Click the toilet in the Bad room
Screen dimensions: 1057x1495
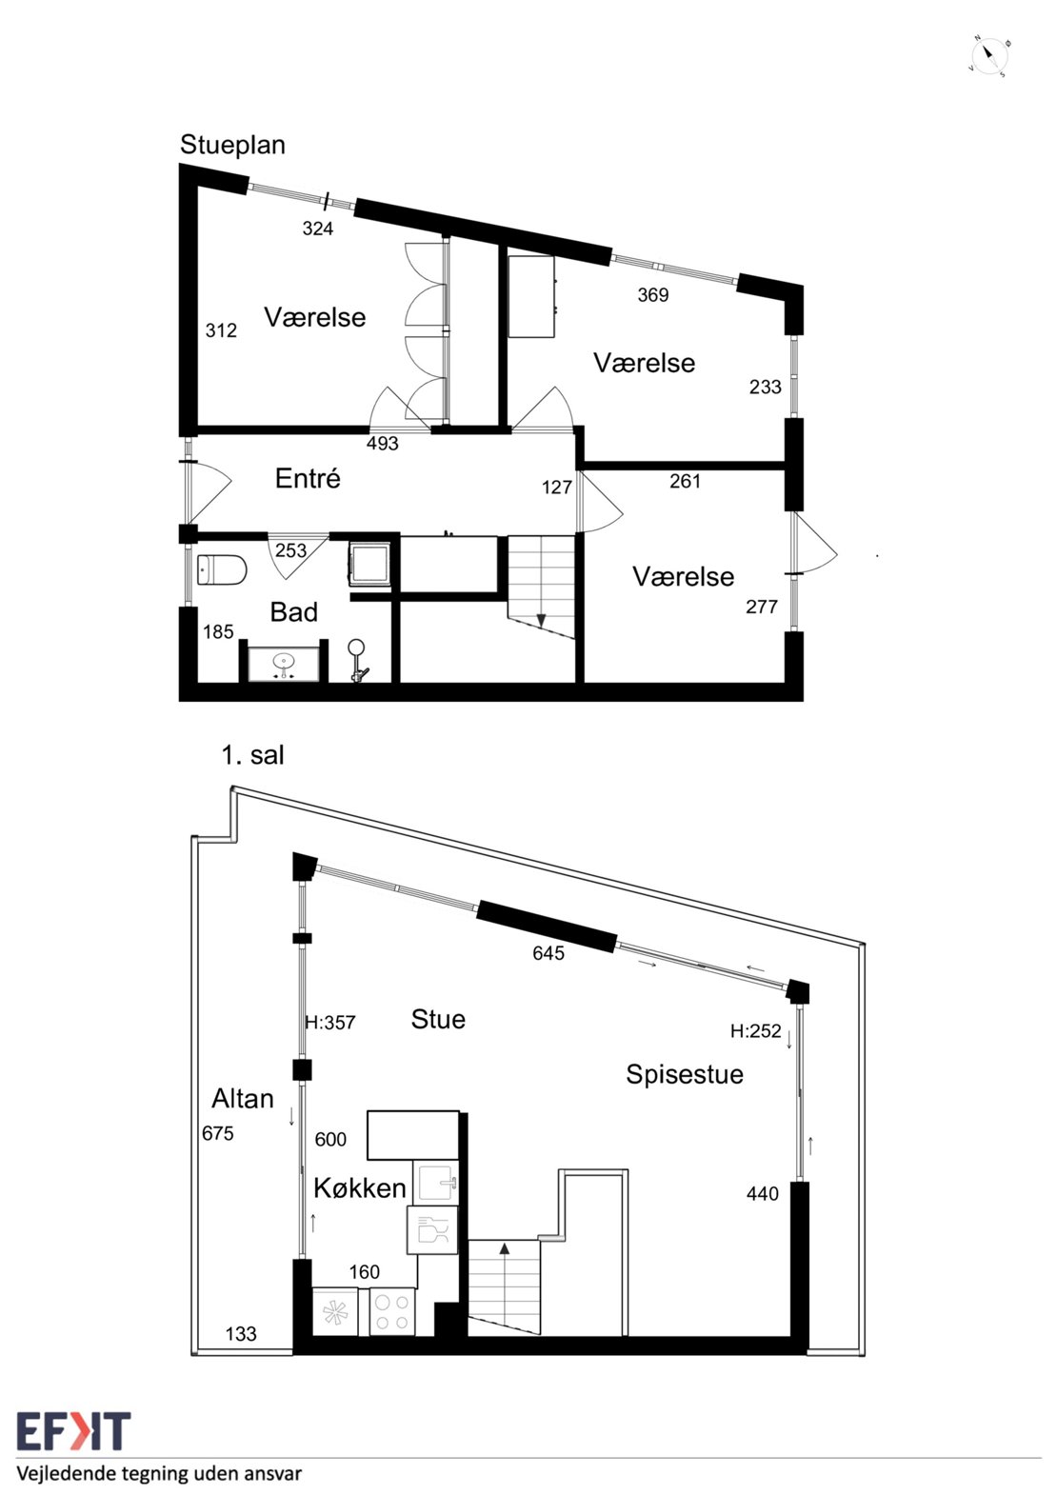pyautogui.click(x=222, y=570)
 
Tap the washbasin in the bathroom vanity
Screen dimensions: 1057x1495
pyautogui.click(x=285, y=661)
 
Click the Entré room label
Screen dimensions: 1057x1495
pyautogui.click(x=308, y=478)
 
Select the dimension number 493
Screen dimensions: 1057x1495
pyautogui.click(x=383, y=443)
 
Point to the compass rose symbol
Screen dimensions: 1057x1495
pyautogui.click(x=990, y=57)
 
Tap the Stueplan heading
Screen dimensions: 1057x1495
pyautogui.click(x=232, y=146)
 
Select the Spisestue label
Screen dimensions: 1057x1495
pyautogui.click(x=684, y=1074)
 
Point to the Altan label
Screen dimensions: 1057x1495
pyautogui.click(x=243, y=1098)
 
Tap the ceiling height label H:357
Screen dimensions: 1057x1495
pyautogui.click(x=330, y=1023)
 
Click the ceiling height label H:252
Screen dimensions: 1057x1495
pyautogui.click(x=755, y=1031)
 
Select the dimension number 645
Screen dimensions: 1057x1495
pyautogui.click(x=548, y=953)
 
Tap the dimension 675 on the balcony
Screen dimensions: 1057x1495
pyautogui.click(x=217, y=1133)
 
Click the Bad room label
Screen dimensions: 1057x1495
pyautogui.click(x=293, y=612)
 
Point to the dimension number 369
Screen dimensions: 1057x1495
pyautogui.click(x=652, y=294)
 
